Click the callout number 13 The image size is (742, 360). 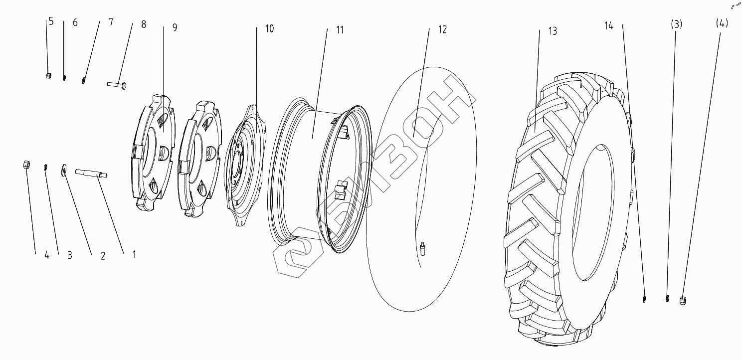(552, 31)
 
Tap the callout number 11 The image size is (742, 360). (340, 30)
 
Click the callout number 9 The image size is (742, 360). (175, 27)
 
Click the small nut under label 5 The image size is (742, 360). (49, 76)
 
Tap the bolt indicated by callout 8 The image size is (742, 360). (117, 84)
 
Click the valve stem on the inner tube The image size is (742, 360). (423, 248)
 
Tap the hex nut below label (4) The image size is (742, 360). (684, 300)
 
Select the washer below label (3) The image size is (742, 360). (667, 299)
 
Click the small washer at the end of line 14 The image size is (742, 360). (644, 299)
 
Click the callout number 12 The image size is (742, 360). (442, 29)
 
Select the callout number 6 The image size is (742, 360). (75, 23)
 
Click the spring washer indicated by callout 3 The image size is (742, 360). (46, 167)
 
